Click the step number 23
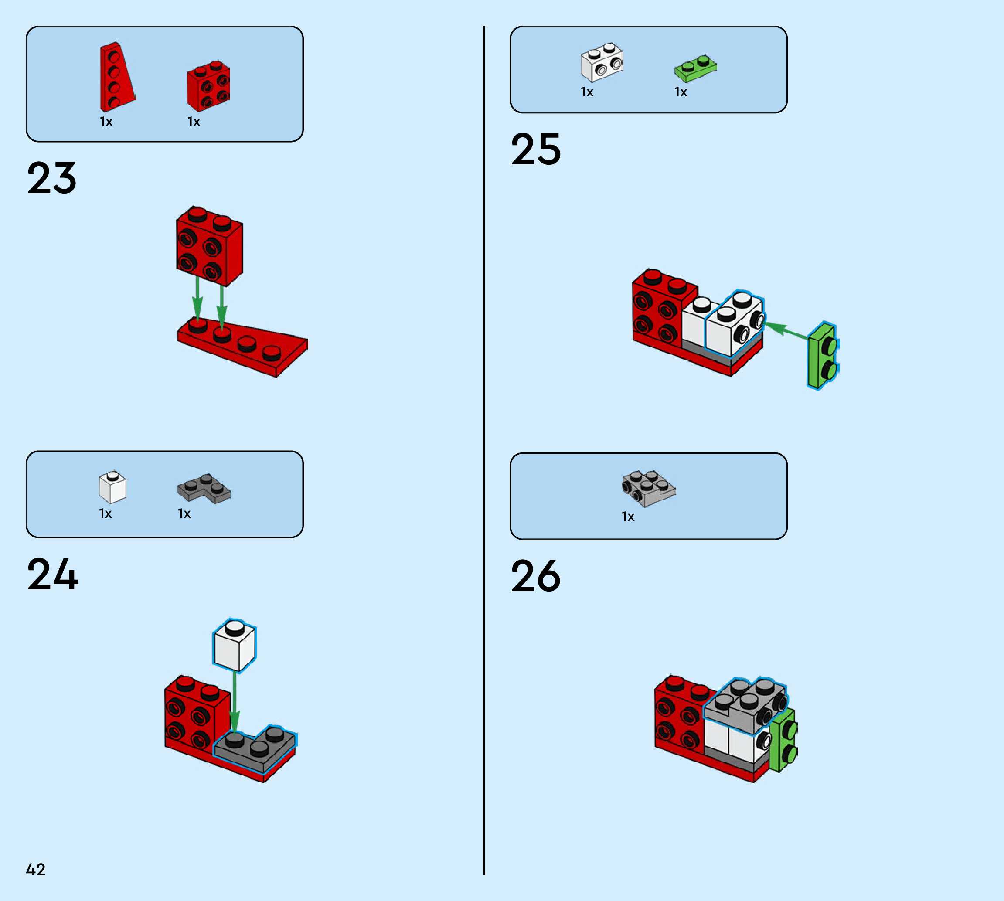click(x=52, y=178)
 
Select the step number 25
click(x=536, y=149)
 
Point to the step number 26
click(x=536, y=576)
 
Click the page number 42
click(x=36, y=869)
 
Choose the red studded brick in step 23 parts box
click(x=208, y=85)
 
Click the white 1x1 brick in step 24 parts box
click(x=112, y=487)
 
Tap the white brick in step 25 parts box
click(x=602, y=62)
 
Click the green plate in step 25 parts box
click(x=695, y=68)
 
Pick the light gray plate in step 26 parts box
click(x=648, y=489)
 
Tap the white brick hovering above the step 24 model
click(x=234, y=645)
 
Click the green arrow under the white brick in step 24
click(x=235, y=703)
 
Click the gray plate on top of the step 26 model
click(x=745, y=704)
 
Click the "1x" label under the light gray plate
click(x=628, y=517)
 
